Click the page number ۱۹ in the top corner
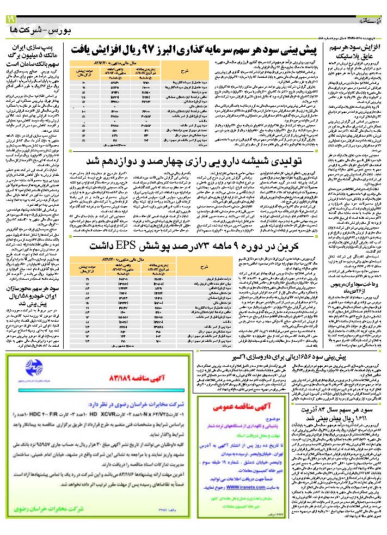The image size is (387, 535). (11, 20)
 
